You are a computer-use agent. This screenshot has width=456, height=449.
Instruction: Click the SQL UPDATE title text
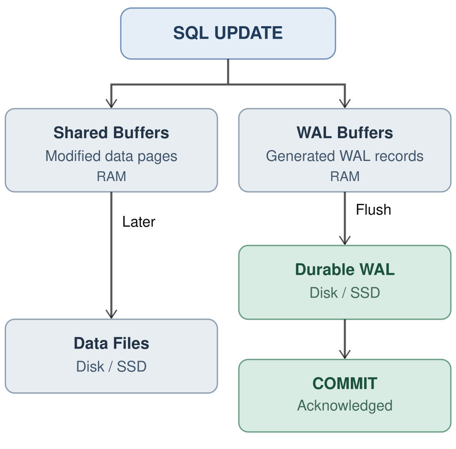228,33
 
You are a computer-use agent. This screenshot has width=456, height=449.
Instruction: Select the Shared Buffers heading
111,133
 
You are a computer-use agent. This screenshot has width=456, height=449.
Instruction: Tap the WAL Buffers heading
345,133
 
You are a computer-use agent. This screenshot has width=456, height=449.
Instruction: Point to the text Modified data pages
111,156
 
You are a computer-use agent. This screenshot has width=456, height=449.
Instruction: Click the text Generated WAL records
345,156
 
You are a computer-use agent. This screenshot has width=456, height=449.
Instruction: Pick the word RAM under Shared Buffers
111,176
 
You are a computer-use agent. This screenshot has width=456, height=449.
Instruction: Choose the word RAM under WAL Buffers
345,176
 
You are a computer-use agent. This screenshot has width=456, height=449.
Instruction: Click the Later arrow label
139,221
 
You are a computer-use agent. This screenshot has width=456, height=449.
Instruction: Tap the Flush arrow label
374,209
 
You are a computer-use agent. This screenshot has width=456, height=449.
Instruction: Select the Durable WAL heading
345,269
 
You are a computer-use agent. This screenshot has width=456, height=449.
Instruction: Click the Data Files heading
111,343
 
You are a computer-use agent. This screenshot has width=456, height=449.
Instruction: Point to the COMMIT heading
345,383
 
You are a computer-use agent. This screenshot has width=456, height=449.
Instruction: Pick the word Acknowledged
345,406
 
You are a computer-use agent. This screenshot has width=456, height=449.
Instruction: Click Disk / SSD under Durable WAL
345,293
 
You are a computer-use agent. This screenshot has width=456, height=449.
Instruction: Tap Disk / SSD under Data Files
111,367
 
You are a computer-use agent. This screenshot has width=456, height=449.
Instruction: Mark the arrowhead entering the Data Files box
111,314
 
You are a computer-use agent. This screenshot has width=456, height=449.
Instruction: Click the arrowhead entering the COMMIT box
345,355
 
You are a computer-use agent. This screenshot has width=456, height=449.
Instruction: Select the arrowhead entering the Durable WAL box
345,240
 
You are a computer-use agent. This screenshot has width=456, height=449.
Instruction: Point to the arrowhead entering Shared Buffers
111,103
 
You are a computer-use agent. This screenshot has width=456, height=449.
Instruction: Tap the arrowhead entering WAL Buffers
345,103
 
